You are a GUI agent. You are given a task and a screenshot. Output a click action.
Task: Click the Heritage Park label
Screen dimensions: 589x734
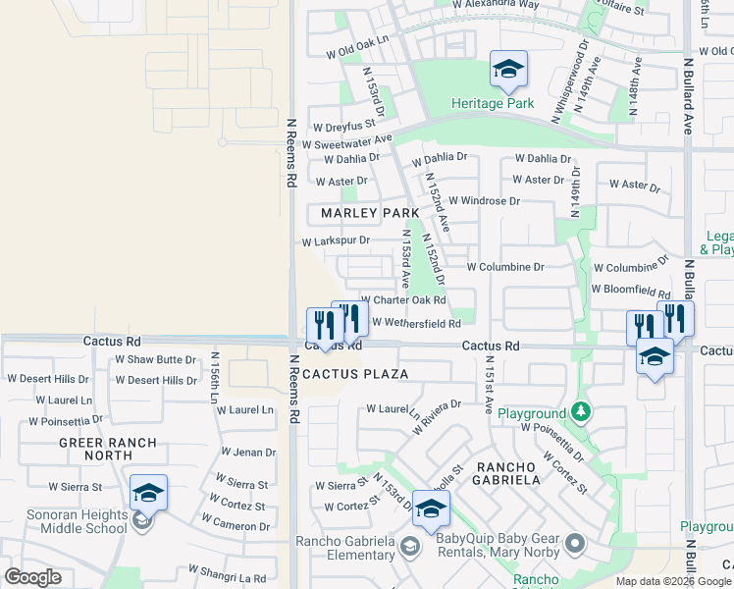point(493,103)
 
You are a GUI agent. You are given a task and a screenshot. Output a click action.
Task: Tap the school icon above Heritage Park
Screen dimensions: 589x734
point(508,69)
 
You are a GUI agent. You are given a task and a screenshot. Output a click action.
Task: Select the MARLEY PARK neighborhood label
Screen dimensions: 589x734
point(370,213)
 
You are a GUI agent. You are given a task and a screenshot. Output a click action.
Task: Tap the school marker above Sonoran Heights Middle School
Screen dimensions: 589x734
point(148,493)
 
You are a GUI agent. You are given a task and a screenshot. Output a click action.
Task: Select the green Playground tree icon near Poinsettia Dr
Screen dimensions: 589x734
point(583,410)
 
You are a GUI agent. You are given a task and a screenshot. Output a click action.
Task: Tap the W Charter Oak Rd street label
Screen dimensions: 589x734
point(404,301)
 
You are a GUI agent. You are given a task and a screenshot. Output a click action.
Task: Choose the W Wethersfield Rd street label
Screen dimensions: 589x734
point(416,323)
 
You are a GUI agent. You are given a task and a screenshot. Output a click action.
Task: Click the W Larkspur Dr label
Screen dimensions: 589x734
point(336,241)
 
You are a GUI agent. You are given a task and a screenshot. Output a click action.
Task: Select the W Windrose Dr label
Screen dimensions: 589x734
point(484,201)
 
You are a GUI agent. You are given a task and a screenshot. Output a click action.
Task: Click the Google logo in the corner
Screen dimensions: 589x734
point(32,577)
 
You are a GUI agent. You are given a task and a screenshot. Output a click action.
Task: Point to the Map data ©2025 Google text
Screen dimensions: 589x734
point(672,581)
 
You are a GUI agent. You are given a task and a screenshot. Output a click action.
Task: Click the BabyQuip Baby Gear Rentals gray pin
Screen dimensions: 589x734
point(574,542)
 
